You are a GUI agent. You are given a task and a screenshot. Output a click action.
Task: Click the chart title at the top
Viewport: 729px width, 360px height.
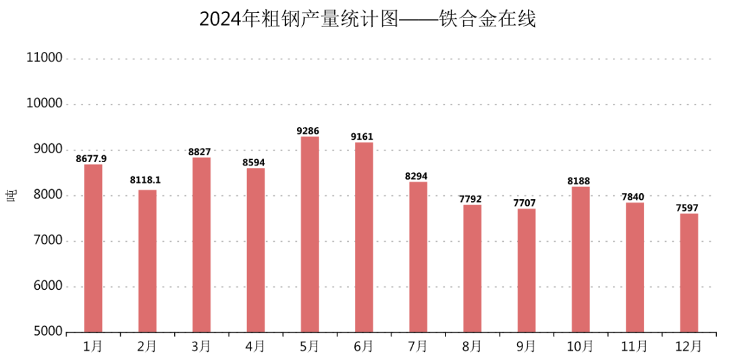(x=367, y=19)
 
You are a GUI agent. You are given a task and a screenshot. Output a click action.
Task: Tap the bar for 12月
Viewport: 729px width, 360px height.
(x=689, y=273)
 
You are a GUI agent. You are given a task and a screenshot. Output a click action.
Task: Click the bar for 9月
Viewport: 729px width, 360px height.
(x=526, y=270)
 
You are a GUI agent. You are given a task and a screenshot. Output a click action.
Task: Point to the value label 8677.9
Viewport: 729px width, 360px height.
(x=91, y=159)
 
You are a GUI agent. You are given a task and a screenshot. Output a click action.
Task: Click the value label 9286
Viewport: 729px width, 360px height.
(x=308, y=131)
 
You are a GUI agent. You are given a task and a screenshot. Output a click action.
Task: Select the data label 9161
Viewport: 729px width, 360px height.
(x=362, y=136)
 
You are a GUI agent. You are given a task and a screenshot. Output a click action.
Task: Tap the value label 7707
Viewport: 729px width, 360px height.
(x=524, y=203)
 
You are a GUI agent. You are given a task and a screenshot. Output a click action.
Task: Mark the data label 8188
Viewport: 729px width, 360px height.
(x=578, y=181)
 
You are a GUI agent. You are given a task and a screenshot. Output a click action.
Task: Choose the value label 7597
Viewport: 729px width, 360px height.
(x=687, y=208)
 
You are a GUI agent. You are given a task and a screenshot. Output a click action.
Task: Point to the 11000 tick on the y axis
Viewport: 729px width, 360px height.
(x=45, y=58)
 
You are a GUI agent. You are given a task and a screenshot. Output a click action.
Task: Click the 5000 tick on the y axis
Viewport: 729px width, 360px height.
(x=45, y=332)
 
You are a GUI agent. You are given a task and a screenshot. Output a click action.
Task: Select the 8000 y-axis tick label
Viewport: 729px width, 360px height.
(x=45, y=195)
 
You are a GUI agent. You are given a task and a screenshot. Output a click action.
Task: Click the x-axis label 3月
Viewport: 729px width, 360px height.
(x=200, y=346)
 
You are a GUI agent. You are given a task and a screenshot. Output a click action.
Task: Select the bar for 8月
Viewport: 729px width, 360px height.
(x=473, y=268)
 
